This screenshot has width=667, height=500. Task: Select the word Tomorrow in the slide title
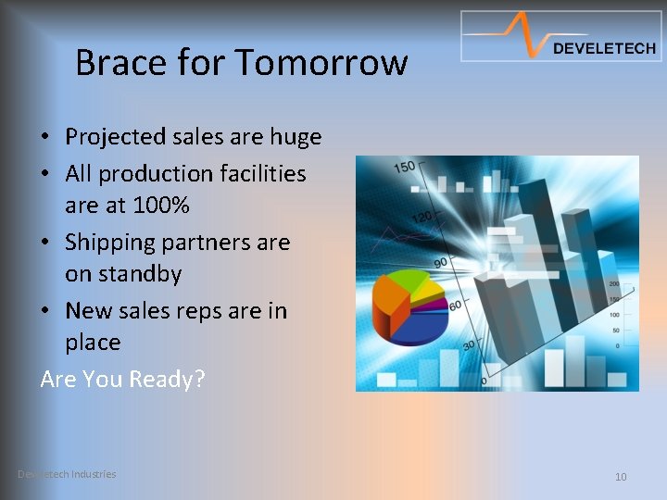321,63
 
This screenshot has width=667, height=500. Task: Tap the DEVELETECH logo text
603,49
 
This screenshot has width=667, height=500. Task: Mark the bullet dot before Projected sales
45,138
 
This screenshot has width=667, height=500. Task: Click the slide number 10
621,477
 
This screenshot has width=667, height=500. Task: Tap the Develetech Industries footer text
67,474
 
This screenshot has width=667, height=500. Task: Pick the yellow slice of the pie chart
430,290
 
